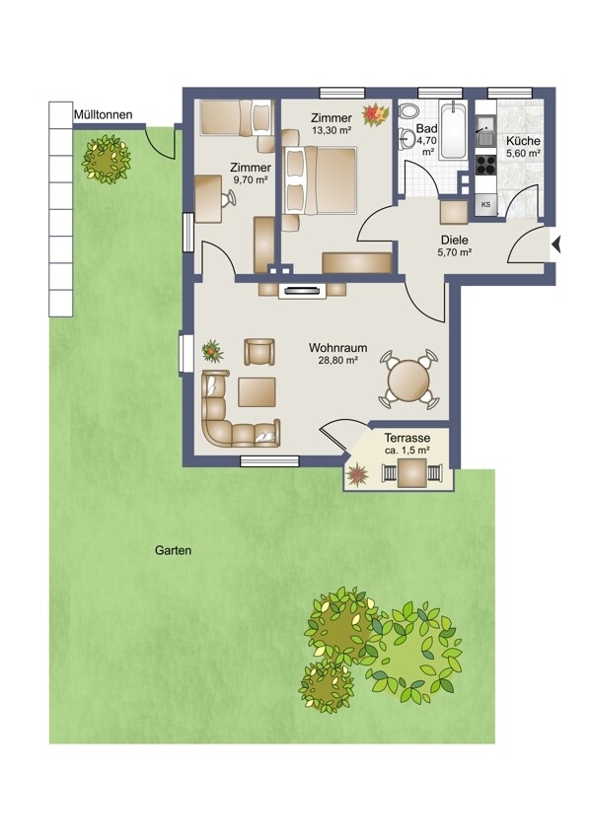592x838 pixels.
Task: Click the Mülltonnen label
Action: click(104, 114)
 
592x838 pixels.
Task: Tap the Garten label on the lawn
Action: click(174, 550)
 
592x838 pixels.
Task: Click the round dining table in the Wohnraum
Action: click(408, 381)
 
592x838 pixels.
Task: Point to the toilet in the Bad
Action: click(409, 111)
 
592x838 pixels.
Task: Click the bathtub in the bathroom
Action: click(453, 130)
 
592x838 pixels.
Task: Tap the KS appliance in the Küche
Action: click(486, 204)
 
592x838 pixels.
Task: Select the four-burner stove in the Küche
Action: click(486, 165)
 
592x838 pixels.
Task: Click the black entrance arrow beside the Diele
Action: click(556, 245)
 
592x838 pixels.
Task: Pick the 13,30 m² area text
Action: click(332, 130)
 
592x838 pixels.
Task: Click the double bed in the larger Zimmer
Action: click(320, 180)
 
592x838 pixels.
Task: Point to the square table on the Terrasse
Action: click(412, 473)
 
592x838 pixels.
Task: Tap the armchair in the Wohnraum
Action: click(259, 352)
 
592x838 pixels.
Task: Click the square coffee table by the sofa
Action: click(257, 391)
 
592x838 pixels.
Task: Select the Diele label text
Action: click(455, 241)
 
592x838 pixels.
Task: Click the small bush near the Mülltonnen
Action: click(106, 160)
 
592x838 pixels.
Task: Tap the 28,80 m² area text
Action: click(338, 361)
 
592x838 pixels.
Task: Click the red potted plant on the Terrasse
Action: click(357, 474)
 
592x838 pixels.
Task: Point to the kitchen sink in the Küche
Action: click(486, 135)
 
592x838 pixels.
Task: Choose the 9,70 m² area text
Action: click(251, 180)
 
